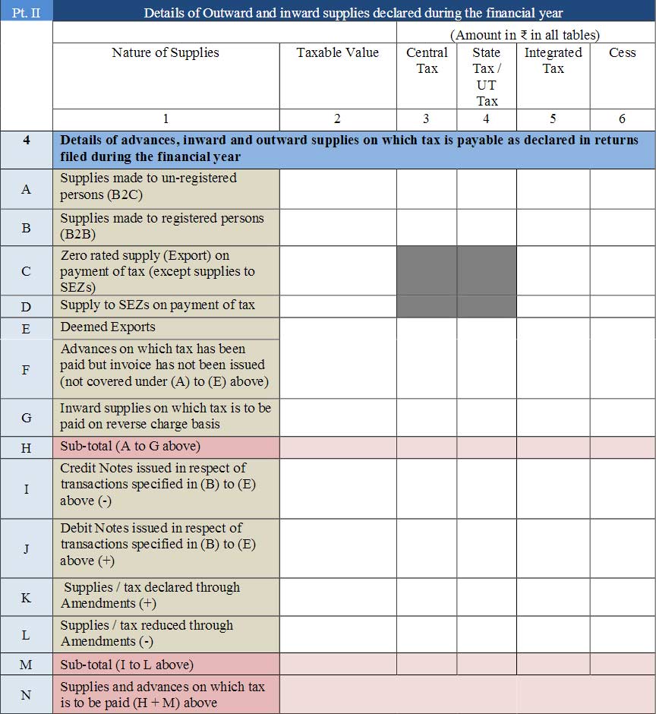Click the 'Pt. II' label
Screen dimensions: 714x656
[x=26, y=12]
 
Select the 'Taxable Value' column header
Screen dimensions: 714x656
[x=337, y=52]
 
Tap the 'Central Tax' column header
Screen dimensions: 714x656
[x=427, y=60]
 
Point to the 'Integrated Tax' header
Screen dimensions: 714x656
[x=553, y=60]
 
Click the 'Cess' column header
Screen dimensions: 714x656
[x=622, y=52]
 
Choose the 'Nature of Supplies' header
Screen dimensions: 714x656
[x=166, y=52]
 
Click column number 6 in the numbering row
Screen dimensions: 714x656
[x=622, y=118]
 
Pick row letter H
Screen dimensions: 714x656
[x=26, y=447]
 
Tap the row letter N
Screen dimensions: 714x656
[x=26, y=694]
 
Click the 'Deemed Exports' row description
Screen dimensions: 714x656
[x=108, y=327]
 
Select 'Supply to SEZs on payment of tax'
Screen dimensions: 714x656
[x=157, y=305]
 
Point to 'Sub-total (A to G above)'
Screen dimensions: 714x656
[x=131, y=447]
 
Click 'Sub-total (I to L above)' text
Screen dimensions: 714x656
[x=127, y=665]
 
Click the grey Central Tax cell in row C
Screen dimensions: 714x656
[x=427, y=270]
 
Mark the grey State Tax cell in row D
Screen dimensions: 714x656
[x=486, y=306]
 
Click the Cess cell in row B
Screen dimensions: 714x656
[x=622, y=226]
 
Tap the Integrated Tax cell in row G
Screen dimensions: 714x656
[x=553, y=417]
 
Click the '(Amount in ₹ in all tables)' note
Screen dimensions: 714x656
[x=525, y=35]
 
